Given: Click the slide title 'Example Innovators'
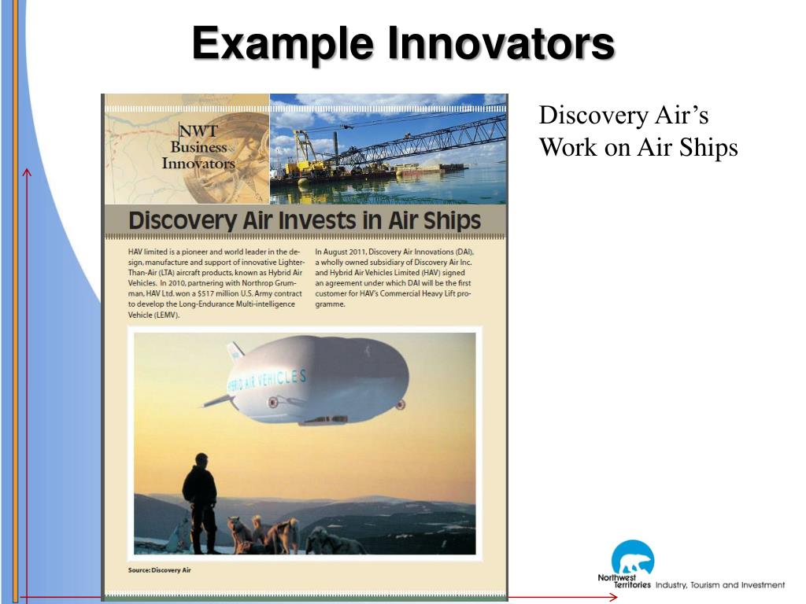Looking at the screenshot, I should coord(403,43).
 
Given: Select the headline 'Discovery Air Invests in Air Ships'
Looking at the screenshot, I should coord(305,220).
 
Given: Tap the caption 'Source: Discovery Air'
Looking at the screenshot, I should coord(159,569).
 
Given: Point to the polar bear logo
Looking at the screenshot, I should coord(632,558).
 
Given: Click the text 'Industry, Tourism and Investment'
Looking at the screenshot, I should coord(719,585).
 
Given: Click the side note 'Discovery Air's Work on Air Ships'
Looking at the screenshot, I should coord(638,131).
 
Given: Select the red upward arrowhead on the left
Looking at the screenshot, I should coord(28,172).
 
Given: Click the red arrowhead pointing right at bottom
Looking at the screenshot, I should coord(613,598).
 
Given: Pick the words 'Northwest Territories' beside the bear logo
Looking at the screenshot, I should coord(623,581).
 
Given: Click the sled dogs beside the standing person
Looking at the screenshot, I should coord(268,535).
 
